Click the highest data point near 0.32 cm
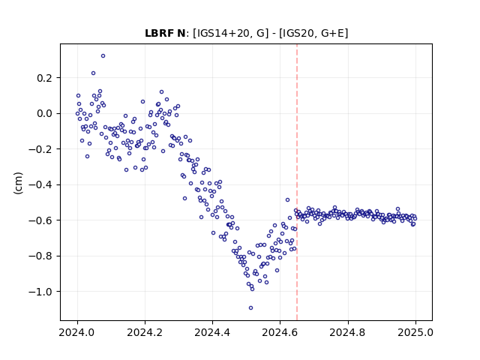tap(103, 56)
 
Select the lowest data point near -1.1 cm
tap(250, 308)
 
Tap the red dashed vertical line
tap(297, 182)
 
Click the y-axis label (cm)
tap(18, 183)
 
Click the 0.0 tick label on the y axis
tap(45, 113)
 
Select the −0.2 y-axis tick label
tap(40, 149)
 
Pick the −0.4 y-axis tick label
tap(40, 185)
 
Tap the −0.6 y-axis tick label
tap(40, 220)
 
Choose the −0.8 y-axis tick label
tap(40, 256)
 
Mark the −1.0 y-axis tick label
tap(40, 292)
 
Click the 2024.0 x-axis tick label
tap(77, 332)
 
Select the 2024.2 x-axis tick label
tap(145, 332)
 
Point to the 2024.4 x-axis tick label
tap(212, 332)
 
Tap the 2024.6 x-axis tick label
tap(280, 332)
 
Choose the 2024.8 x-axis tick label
tap(348, 332)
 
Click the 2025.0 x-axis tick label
tap(415, 332)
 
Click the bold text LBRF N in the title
tap(165, 33)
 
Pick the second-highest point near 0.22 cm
tap(93, 73)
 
